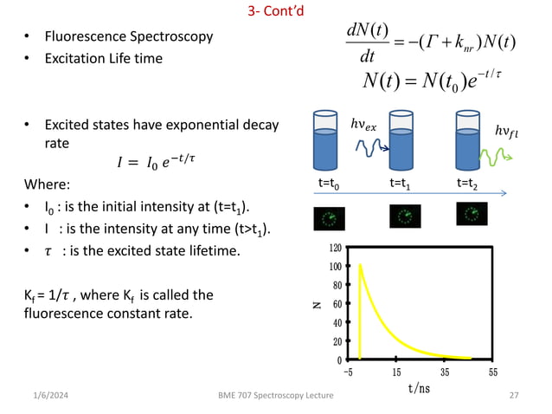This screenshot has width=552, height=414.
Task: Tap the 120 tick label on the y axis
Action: [x=335, y=248]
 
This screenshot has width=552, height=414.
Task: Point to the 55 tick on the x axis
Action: [x=493, y=372]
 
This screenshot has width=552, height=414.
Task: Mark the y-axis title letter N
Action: [x=318, y=304]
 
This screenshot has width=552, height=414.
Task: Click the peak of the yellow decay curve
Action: [x=360, y=265]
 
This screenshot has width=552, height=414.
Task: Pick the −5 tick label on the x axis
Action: [x=348, y=372]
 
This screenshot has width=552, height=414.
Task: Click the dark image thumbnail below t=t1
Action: [x=405, y=216]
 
